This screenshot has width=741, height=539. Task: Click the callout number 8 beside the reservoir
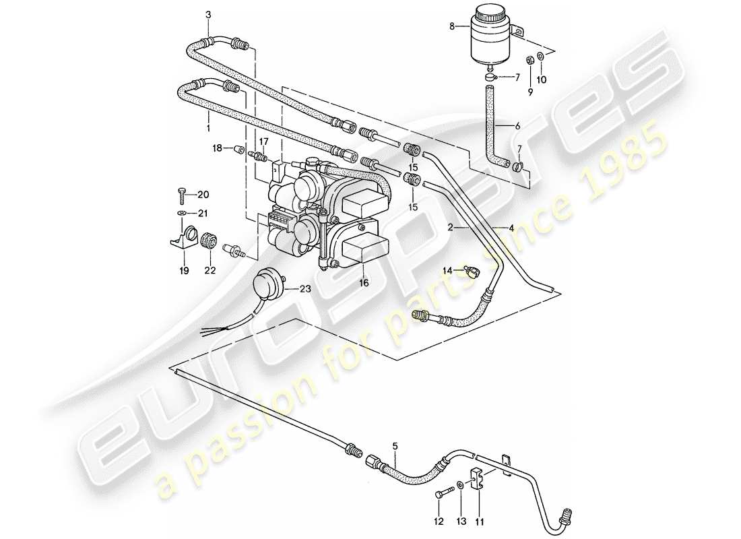pyautogui.click(x=451, y=27)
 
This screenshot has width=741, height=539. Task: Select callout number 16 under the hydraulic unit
pyautogui.click(x=364, y=284)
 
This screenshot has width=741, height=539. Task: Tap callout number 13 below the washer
pyautogui.click(x=460, y=520)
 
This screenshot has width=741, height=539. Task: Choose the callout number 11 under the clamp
pyautogui.click(x=479, y=520)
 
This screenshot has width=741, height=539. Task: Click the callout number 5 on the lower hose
pyautogui.click(x=395, y=445)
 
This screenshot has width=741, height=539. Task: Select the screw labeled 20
pyautogui.click(x=184, y=195)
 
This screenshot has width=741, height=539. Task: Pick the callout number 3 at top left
pyautogui.click(x=208, y=14)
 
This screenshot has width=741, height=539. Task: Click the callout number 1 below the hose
pyautogui.click(x=208, y=126)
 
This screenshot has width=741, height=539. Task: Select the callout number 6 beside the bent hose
pyautogui.click(x=517, y=126)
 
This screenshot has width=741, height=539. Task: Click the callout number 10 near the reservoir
pyautogui.click(x=542, y=79)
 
